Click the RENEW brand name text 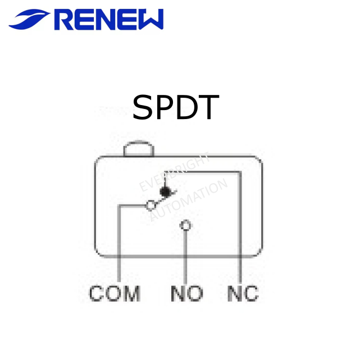pos(110,20)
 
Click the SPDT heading pos(175,107)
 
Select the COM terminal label pos(115,294)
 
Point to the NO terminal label pos(187,294)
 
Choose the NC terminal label pos(243,294)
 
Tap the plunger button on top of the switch pos(139,149)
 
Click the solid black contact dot pos(165,192)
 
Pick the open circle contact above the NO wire pos(185,226)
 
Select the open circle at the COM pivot pos(151,206)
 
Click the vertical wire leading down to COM pos(119,247)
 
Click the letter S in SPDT pos(143,107)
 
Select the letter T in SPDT pos(207,107)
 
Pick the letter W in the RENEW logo pos(149,20)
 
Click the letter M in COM pos(131,294)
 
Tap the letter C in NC pos(251,294)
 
